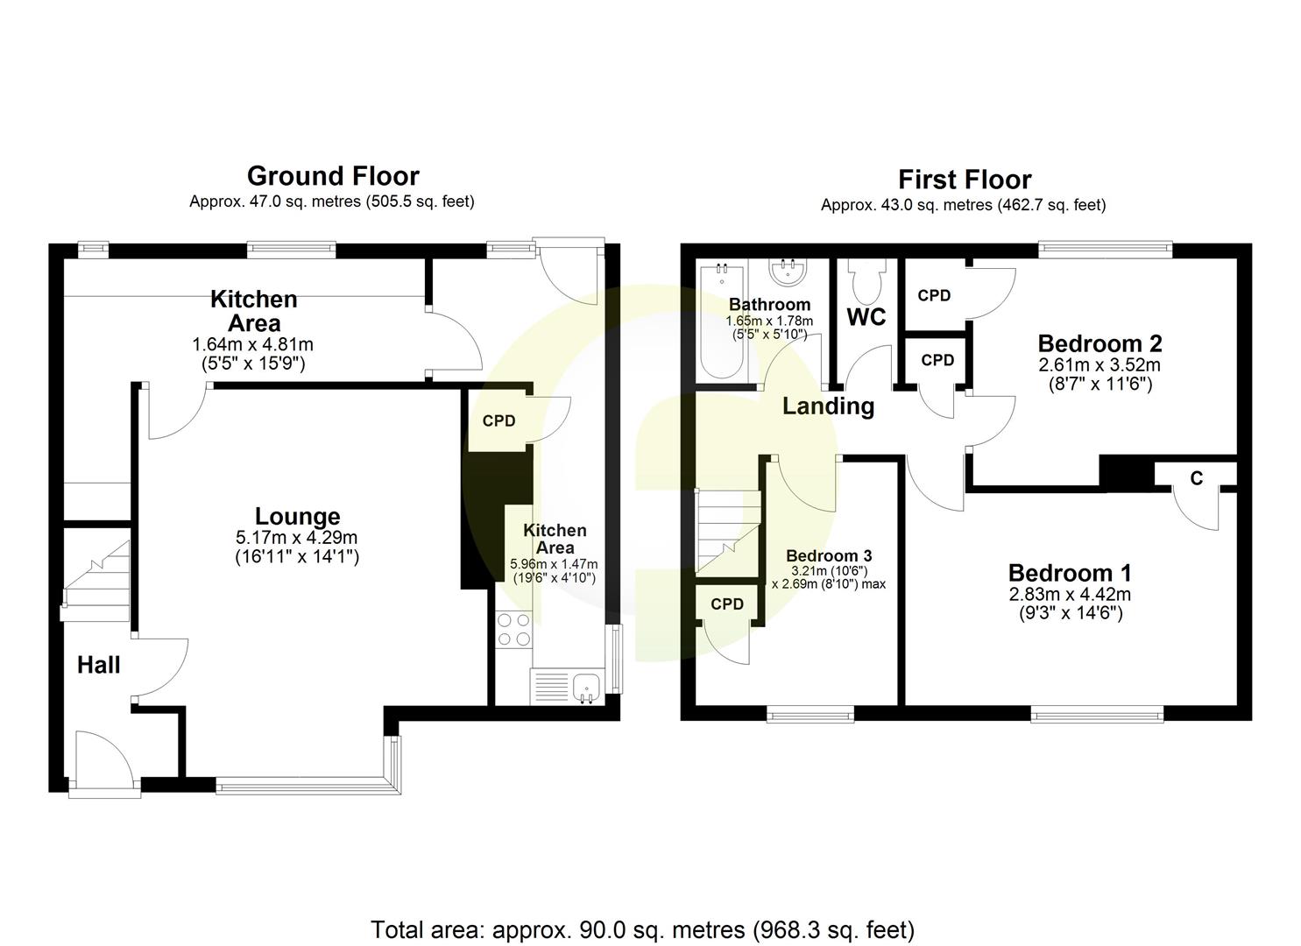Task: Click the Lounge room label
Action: click(x=297, y=516)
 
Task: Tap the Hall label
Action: click(x=98, y=666)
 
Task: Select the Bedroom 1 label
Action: click(x=1069, y=574)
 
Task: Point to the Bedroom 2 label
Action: click(x=1099, y=342)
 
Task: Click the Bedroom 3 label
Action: click(x=828, y=556)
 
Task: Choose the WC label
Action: click(x=866, y=317)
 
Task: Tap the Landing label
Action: click(x=828, y=406)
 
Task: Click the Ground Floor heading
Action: click(x=333, y=176)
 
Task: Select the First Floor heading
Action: click(x=964, y=180)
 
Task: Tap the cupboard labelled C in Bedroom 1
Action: click(x=1196, y=478)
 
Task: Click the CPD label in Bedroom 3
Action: click(x=726, y=604)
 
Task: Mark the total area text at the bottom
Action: click(x=642, y=929)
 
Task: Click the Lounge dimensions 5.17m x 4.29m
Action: click(x=297, y=537)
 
